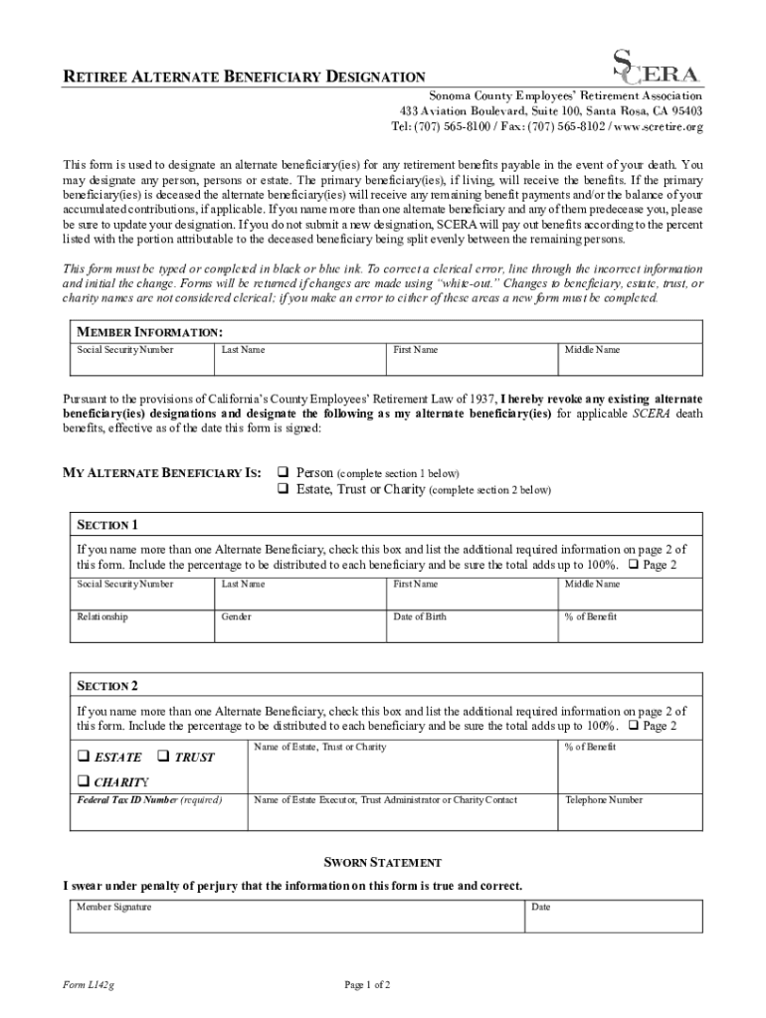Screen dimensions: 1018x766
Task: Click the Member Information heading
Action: coord(149,331)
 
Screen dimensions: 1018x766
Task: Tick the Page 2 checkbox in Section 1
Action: coord(634,566)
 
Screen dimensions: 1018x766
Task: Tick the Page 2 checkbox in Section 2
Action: coord(634,727)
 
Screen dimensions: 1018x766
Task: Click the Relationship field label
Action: coord(102,617)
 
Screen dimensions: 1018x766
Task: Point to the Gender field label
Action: coord(237,617)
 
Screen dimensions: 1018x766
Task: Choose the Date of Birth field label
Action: coord(420,617)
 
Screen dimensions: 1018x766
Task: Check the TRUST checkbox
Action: coord(164,758)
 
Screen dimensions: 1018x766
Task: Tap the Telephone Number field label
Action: coord(603,800)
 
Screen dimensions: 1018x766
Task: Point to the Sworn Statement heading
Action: coord(383,862)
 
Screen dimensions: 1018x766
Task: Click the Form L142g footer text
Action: coord(88,985)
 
